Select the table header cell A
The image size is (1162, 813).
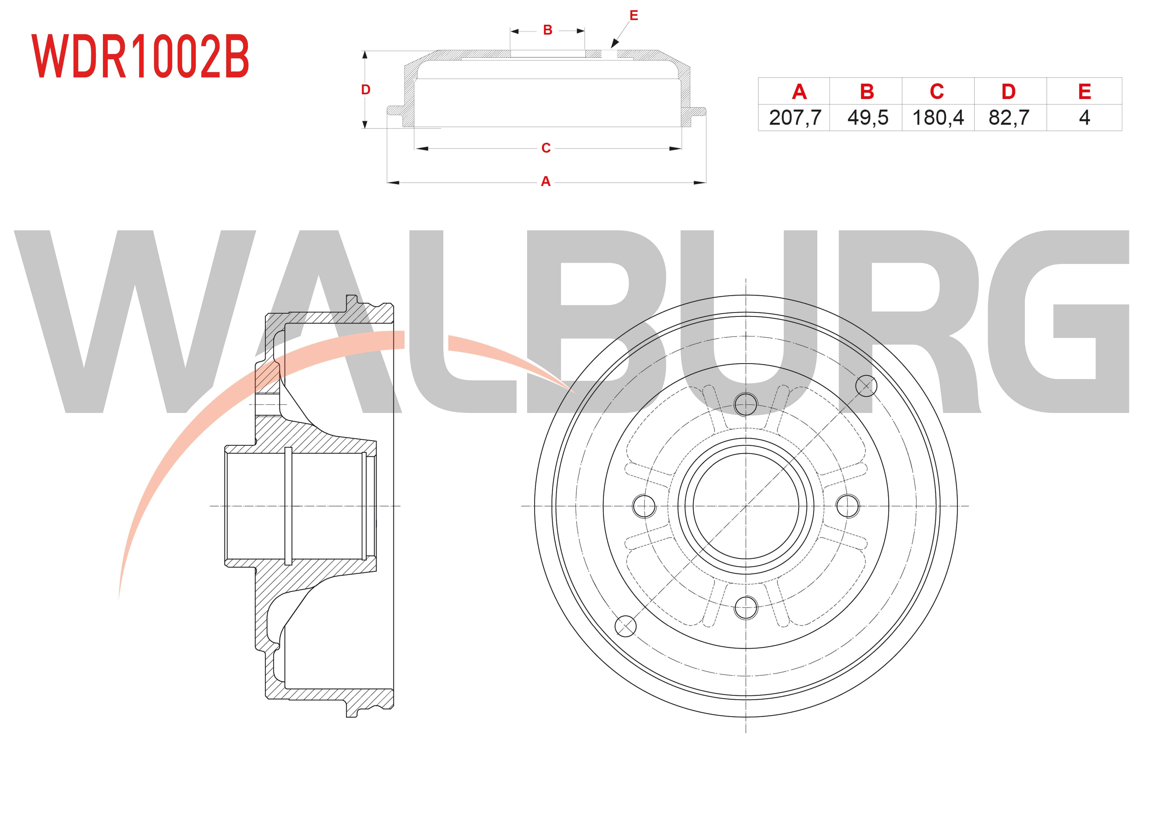(x=799, y=92)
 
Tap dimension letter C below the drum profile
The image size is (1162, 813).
(x=546, y=148)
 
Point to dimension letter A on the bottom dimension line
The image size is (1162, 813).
(x=546, y=182)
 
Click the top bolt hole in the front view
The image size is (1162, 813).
(x=746, y=404)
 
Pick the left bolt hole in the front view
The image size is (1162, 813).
(x=644, y=506)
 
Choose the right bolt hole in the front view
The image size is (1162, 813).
(x=848, y=506)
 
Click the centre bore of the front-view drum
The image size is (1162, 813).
(x=746, y=506)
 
